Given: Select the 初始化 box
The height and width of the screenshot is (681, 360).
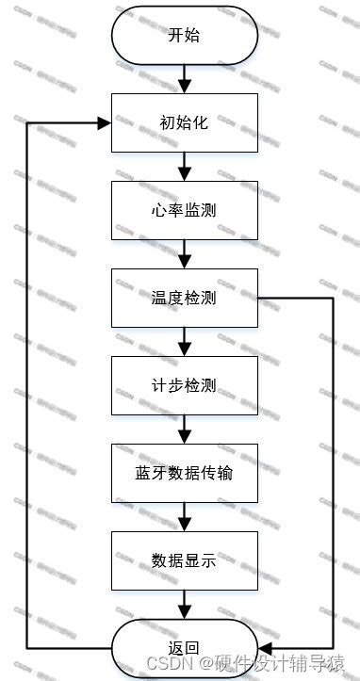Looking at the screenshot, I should tap(185, 122).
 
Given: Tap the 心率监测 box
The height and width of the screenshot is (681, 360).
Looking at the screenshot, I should tap(185, 210).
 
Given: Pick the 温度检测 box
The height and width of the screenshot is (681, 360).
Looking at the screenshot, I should tap(185, 298).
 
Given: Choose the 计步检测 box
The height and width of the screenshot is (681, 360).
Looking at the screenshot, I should tap(185, 385).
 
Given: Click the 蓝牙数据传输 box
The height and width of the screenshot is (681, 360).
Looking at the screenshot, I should tap(185, 473).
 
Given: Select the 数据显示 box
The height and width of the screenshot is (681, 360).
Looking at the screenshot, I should tap(185, 560).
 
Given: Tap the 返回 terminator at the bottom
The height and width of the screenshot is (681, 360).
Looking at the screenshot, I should tap(185, 648).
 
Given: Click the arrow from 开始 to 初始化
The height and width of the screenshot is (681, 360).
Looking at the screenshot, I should tap(185, 78).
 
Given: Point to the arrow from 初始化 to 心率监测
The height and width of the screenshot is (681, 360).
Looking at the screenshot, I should tap(185, 166).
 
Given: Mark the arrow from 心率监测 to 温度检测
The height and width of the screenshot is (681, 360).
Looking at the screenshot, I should tap(185, 253).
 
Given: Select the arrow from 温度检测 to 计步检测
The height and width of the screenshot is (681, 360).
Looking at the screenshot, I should tap(185, 341).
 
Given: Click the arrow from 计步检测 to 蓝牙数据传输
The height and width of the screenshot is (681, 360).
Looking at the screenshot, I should tap(185, 429).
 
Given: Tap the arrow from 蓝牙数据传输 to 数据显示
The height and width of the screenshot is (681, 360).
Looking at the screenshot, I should tap(185, 516).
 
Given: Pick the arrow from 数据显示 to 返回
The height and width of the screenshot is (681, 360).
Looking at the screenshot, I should tap(185, 604).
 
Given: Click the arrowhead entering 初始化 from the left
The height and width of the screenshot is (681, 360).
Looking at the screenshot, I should tap(106, 122).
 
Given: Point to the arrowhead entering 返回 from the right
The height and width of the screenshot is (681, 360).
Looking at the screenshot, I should tap(265, 649).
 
